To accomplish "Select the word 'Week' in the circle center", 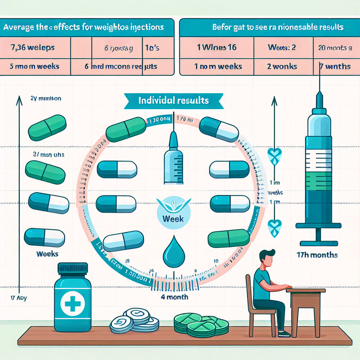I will click(173, 218).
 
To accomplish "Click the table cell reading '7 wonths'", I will click(335, 66).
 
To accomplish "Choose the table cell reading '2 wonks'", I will click(282, 66).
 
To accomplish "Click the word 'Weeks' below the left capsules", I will click(47, 253).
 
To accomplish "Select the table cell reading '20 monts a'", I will click(335, 48).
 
